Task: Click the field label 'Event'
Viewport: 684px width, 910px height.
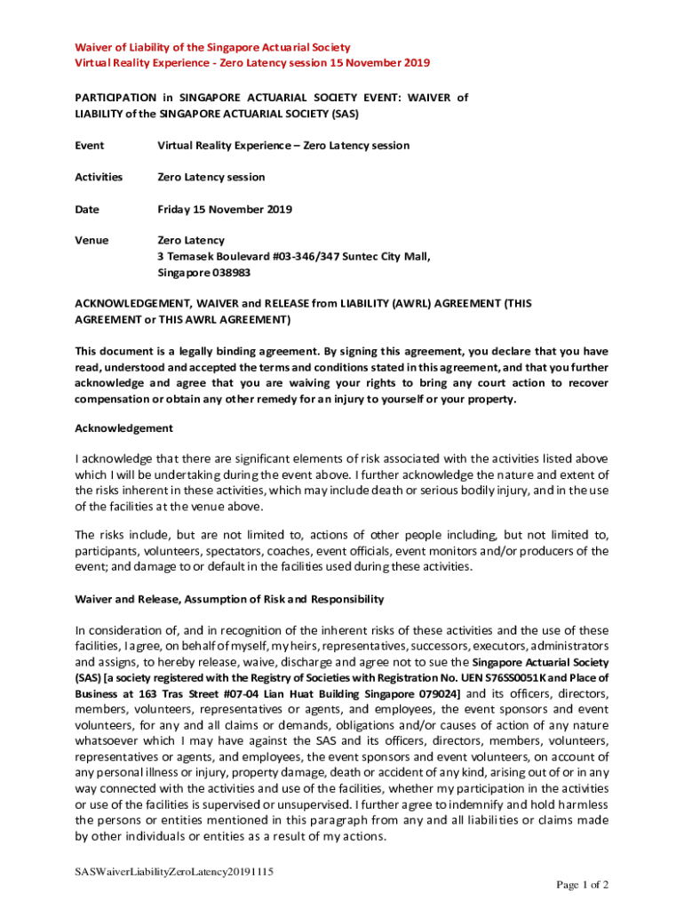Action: [89, 145]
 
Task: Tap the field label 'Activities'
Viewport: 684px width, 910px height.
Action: [99, 177]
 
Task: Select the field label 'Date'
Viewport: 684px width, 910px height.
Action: [87, 209]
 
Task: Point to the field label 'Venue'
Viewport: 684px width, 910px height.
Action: [91, 240]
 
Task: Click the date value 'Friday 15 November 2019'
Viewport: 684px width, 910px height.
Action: [225, 209]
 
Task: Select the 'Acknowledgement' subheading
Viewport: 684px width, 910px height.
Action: [123, 428]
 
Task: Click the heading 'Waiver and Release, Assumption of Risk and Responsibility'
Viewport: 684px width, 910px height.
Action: [229, 599]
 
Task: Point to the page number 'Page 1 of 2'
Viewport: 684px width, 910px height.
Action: [582, 884]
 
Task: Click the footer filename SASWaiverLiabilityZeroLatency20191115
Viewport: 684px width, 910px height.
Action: [173, 871]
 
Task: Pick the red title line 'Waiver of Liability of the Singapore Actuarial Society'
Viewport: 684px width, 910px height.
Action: [211, 47]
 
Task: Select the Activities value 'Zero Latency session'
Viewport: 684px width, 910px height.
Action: [211, 177]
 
